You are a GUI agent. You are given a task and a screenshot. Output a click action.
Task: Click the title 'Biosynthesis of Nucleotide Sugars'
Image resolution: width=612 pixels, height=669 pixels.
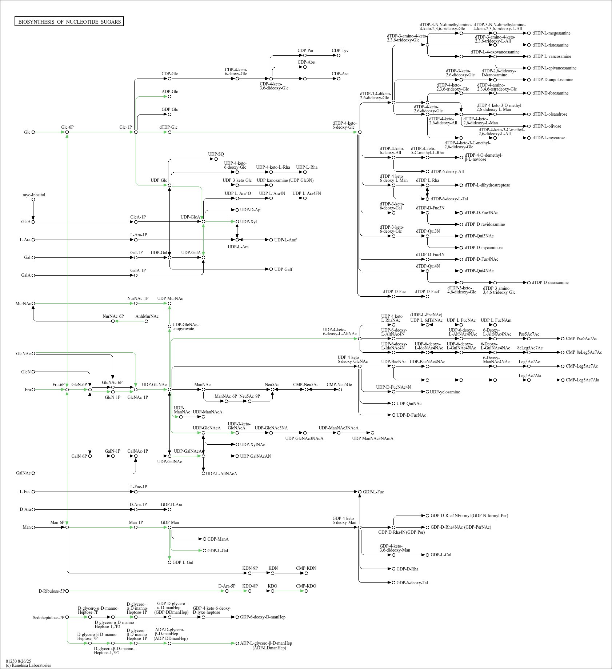[x=69, y=22]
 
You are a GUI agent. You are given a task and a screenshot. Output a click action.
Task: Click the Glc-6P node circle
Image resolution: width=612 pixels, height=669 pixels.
[x=67, y=132]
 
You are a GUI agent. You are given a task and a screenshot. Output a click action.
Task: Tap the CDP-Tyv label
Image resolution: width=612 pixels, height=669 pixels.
[x=340, y=51]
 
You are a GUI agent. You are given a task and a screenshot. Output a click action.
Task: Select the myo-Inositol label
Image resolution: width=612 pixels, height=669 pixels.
[x=34, y=195]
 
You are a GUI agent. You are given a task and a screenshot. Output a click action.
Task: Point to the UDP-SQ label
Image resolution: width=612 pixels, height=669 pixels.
[x=216, y=154]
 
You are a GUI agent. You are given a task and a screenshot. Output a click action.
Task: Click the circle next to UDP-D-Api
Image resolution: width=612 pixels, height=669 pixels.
[x=237, y=210]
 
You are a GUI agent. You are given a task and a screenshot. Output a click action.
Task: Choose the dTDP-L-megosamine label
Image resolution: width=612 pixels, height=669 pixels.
[x=551, y=33]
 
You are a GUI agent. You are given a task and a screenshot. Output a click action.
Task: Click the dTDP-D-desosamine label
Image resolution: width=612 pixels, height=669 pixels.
[x=550, y=283]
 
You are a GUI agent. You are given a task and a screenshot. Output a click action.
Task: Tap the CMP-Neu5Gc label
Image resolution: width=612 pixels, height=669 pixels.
[x=339, y=385]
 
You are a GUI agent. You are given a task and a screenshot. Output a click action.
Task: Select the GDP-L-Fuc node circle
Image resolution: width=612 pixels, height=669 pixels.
[x=360, y=492]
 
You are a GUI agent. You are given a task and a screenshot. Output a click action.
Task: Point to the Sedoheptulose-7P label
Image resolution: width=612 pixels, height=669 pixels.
[x=48, y=618]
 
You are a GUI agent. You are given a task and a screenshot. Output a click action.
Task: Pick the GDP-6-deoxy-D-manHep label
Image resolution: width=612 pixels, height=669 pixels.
[x=263, y=617]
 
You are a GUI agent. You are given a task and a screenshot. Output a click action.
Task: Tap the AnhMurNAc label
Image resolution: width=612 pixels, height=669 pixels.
[x=147, y=316]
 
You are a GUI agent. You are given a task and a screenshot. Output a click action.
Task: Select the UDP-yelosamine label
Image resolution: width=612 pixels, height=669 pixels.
[x=445, y=392]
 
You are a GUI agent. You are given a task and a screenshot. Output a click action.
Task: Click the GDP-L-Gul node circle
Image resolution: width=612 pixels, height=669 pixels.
[x=169, y=562]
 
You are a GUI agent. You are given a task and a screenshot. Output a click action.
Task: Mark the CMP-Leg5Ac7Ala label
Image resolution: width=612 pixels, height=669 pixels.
[x=582, y=380]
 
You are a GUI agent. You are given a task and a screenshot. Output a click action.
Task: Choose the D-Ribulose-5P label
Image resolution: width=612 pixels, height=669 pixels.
[x=51, y=591]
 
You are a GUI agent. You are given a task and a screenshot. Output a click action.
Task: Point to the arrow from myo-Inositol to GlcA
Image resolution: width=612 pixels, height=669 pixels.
[x=33, y=211]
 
